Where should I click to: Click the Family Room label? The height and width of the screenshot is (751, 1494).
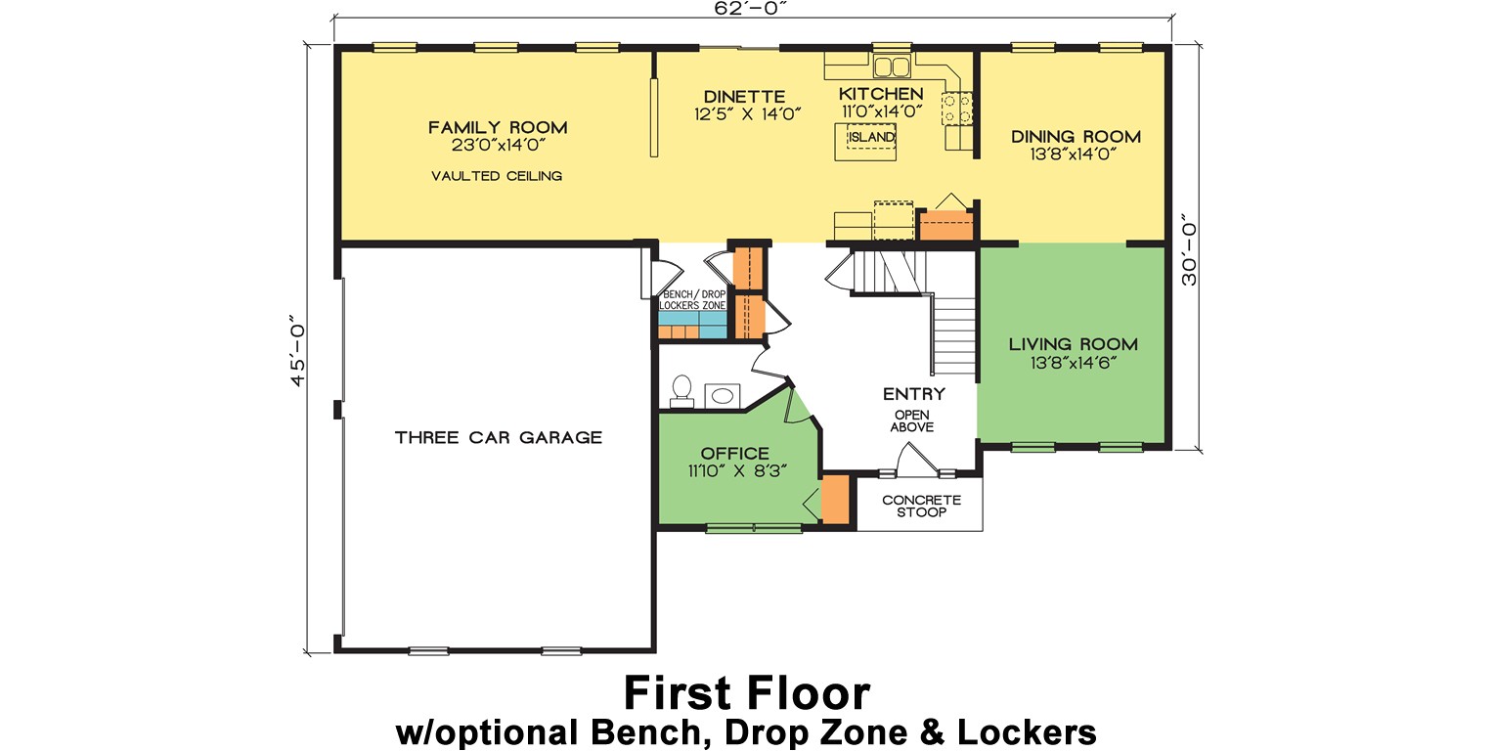(497, 127)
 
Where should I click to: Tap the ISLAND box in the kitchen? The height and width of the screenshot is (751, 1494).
(870, 138)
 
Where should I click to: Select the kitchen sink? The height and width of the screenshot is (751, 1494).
(891, 66)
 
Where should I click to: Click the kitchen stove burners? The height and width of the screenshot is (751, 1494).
(957, 108)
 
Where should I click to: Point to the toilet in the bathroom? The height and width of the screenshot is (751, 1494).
(681, 390)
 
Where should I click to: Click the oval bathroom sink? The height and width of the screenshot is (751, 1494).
(723, 395)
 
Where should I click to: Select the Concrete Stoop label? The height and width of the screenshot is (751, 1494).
(921, 506)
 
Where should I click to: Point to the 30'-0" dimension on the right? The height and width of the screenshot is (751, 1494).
(1189, 250)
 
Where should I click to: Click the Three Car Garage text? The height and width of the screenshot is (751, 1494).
(498, 437)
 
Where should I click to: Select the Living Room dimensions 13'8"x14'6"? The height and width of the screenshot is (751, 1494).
(1073, 363)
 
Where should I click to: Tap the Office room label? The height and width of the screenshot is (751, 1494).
(734, 454)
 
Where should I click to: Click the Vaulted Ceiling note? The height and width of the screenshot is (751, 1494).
(497, 176)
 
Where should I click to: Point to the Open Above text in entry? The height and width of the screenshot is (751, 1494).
(913, 420)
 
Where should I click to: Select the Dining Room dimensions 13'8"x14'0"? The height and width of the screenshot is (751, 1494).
(1075, 154)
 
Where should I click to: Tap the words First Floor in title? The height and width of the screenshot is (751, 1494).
(746, 693)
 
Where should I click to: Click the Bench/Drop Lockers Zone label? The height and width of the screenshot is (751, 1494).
(693, 300)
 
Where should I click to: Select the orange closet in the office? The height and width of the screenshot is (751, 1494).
(835, 499)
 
